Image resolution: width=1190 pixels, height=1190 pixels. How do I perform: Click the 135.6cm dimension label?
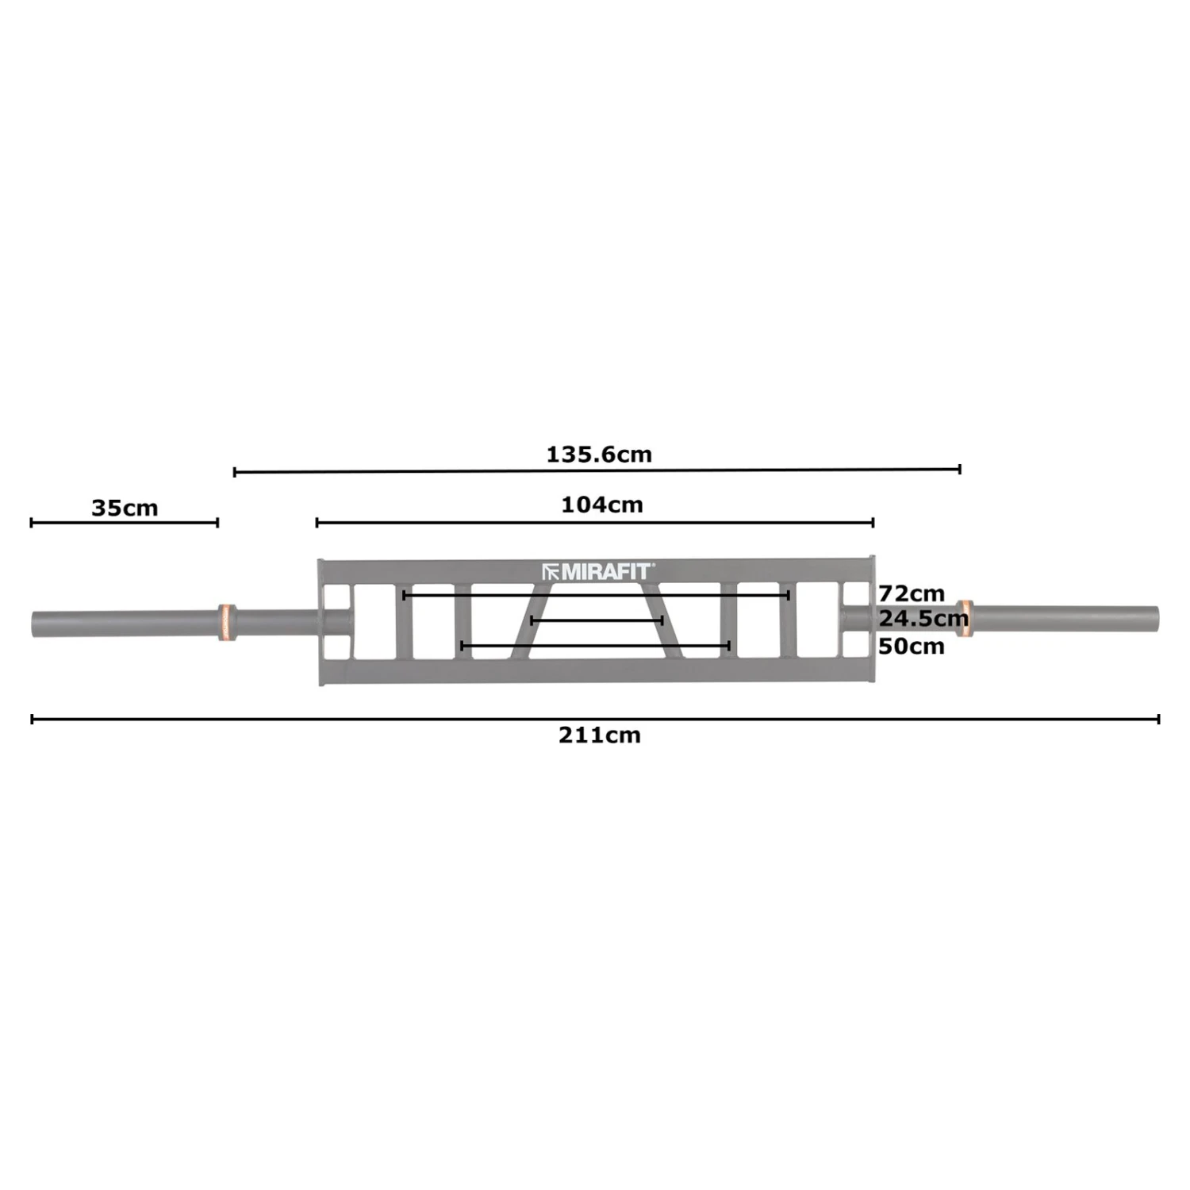[x=599, y=455]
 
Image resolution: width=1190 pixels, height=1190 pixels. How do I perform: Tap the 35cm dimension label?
[x=125, y=508]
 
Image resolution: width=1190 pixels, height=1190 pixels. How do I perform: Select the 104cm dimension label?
[x=602, y=505]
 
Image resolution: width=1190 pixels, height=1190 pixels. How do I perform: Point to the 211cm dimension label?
[x=599, y=735]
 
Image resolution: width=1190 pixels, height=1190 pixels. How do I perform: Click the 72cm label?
[x=912, y=593]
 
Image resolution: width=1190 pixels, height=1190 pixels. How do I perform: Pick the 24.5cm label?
[x=923, y=618]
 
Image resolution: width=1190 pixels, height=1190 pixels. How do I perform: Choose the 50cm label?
[x=912, y=646]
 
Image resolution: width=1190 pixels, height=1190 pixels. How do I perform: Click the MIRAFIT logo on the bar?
[x=598, y=571]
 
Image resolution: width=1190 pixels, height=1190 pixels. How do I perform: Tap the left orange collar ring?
[x=226, y=623]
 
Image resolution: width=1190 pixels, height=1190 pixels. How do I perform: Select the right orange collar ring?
[x=964, y=619]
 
